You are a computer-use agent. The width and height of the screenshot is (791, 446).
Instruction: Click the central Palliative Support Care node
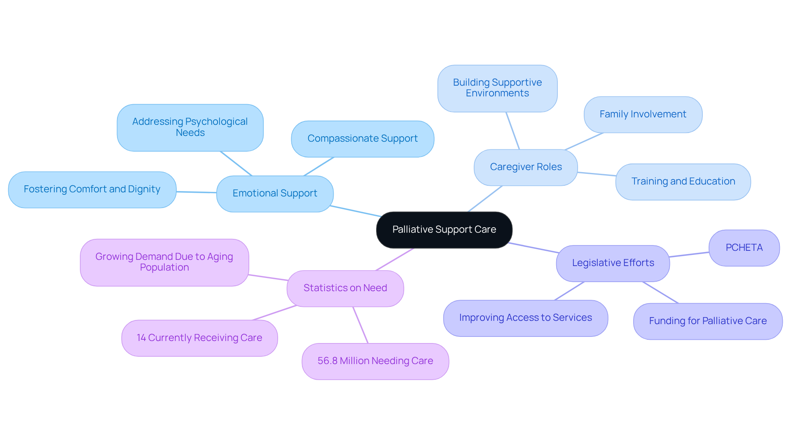(x=444, y=230)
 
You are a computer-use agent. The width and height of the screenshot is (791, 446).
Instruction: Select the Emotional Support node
(x=275, y=194)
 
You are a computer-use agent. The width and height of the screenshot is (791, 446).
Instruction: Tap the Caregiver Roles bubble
(x=526, y=167)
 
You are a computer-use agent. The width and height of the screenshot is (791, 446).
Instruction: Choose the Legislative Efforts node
(x=613, y=263)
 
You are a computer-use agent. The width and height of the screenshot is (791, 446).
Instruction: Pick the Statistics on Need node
(x=345, y=288)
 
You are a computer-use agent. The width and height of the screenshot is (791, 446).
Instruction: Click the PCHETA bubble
(x=744, y=248)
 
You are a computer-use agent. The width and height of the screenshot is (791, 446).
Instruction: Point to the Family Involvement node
(x=643, y=114)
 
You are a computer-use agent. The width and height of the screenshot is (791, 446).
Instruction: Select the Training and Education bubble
(x=683, y=182)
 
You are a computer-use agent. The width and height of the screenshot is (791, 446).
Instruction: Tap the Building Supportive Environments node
(x=497, y=88)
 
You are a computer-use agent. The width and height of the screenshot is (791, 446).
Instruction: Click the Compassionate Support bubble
(x=363, y=139)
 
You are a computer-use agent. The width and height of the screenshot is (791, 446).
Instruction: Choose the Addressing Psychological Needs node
(x=190, y=127)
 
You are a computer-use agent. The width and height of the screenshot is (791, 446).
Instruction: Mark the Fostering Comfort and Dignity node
(x=92, y=189)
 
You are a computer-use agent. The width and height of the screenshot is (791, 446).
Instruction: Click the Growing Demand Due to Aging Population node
(x=164, y=262)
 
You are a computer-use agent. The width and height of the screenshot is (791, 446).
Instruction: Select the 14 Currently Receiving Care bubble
(x=199, y=338)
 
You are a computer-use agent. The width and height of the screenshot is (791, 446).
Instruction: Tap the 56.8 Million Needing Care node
(x=375, y=361)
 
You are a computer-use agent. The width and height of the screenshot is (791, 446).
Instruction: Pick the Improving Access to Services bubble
(x=525, y=318)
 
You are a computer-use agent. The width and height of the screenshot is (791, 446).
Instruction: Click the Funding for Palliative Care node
(x=707, y=321)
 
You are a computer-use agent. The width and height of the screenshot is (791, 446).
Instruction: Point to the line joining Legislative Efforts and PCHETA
(x=689, y=255)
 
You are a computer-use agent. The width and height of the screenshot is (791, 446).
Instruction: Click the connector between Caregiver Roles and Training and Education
(x=597, y=174)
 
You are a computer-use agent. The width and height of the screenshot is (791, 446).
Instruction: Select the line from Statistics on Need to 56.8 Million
(x=360, y=325)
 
